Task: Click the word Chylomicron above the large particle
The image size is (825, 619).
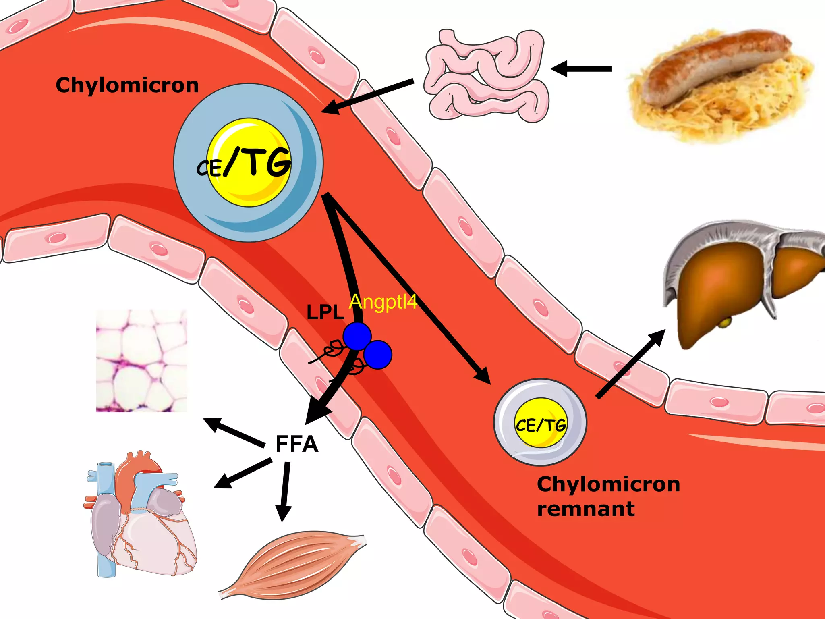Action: [127, 85]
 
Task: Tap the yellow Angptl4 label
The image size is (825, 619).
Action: [383, 302]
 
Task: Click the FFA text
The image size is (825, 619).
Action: [297, 444]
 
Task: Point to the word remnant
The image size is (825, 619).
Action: [586, 509]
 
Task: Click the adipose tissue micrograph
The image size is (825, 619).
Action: [141, 361]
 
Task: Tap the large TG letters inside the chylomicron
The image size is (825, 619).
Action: [268, 162]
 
